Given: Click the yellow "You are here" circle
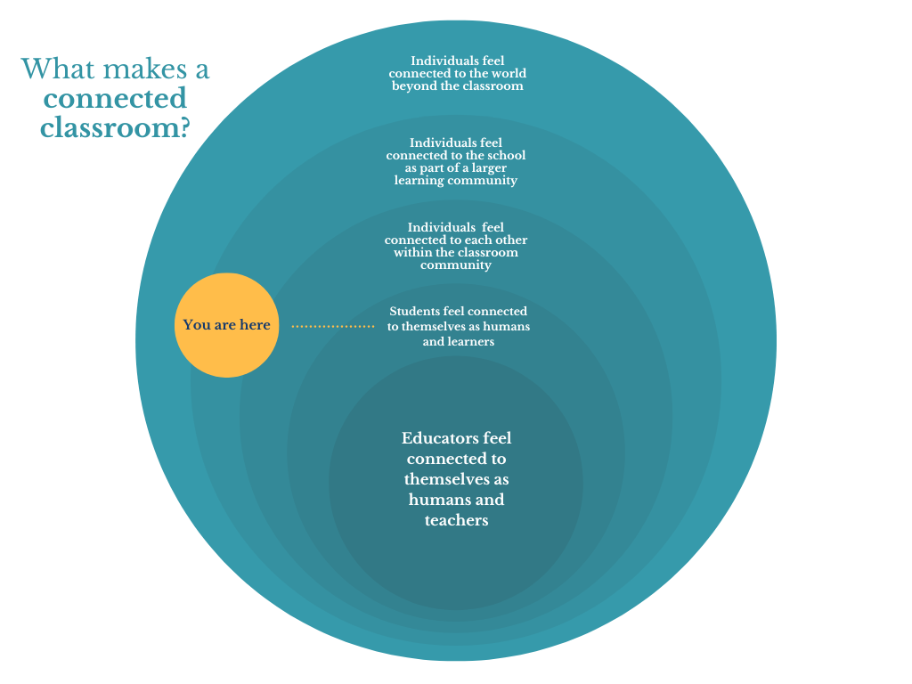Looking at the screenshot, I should click(x=227, y=325).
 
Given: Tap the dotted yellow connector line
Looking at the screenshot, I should click(x=332, y=327).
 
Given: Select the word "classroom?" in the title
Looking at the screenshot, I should click(x=116, y=127).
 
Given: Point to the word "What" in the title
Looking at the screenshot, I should click(x=53, y=69).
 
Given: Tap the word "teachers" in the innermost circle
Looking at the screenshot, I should click(x=456, y=520).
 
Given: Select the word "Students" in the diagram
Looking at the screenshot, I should click(x=414, y=311).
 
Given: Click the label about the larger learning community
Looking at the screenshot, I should click(x=456, y=161).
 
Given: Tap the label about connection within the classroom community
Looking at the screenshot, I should click(x=456, y=247).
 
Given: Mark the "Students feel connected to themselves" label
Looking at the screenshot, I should click(x=458, y=326).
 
